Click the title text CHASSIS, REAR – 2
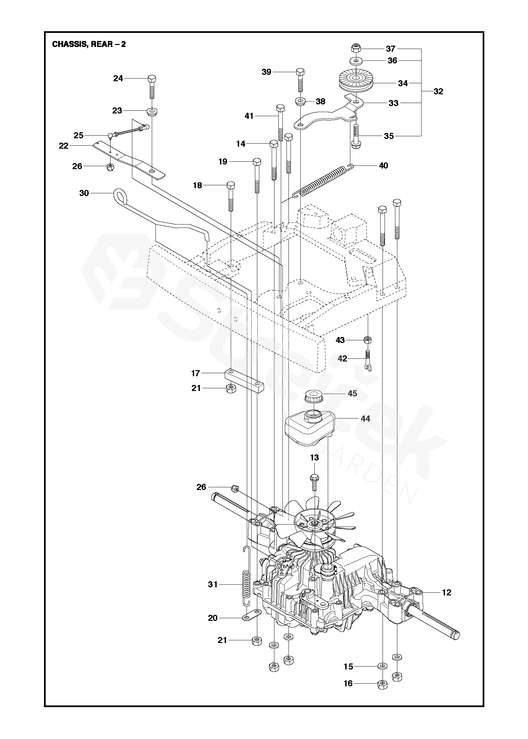(x=89, y=44)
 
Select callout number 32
(x=438, y=92)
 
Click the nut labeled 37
(x=356, y=48)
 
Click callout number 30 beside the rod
(x=84, y=193)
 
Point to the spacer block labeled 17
(x=244, y=380)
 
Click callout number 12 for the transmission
(x=446, y=592)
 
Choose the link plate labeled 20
(x=251, y=615)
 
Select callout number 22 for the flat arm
(x=64, y=146)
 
